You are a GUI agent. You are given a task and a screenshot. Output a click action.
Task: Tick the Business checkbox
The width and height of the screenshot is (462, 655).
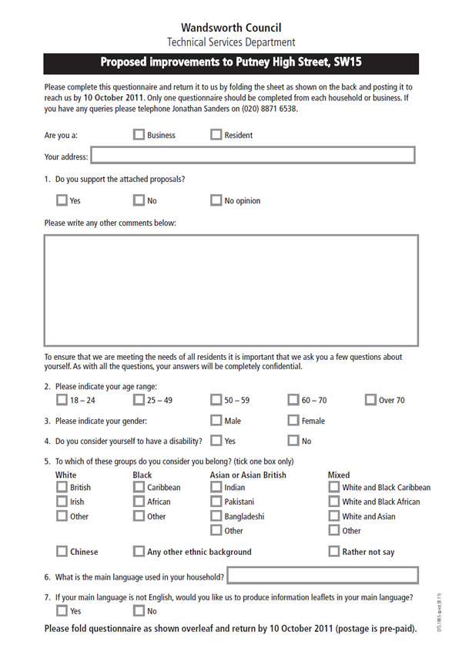click(x=139, y=135)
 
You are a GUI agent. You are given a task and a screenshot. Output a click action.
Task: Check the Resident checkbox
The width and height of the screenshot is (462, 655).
click(x=216, y=135)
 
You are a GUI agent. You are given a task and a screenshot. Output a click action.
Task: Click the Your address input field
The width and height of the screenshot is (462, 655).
click(x=253, y=156)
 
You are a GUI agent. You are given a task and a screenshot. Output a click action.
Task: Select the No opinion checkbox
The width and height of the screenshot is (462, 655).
click(x=216, y=200)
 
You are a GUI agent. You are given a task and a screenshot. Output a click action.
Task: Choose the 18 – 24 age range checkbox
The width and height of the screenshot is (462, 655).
click(x=62, y=400)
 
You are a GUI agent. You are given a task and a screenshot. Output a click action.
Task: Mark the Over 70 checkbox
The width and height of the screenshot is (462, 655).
click(x=370, y=400)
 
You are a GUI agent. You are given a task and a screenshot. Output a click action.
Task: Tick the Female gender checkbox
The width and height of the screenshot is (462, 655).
click(x=293, y=421)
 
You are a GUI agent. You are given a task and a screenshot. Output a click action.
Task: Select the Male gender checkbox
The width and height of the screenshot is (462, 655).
click(x=216, y=421)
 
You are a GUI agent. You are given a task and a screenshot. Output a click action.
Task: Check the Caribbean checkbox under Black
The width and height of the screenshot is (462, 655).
click(x=139, y=487)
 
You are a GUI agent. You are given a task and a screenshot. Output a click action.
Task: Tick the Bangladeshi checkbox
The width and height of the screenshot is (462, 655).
click(x=216, y=516)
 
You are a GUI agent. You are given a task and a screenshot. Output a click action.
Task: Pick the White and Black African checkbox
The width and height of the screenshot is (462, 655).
click(x=333, y=502)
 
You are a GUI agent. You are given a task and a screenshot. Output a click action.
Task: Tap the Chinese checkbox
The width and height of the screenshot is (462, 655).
click(x=62, y=552)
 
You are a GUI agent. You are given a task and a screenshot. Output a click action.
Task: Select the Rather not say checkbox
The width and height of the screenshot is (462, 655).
click(x=333, y=552)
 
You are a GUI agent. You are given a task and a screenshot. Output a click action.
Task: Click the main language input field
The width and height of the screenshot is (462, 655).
click(x=323, y=576)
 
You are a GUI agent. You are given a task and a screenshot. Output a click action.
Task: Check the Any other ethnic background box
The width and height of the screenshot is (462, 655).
click(x=139, y=552)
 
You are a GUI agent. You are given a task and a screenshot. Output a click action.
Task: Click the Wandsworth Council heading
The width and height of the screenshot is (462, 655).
click(x=231, y=28)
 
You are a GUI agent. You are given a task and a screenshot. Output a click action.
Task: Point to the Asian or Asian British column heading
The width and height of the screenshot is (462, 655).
click(x=248, y=475)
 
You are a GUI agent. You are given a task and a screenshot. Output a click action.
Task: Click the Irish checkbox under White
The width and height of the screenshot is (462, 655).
click(x=62, y=502)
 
